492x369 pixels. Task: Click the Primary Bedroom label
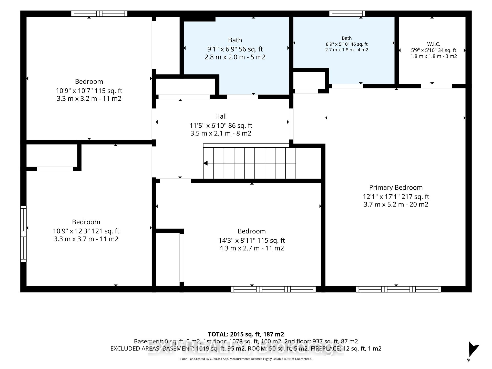click(396, 187)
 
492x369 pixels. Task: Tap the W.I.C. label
click(434, 44)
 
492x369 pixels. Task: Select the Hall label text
click(221, 116)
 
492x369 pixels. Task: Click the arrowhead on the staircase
click(206, 163)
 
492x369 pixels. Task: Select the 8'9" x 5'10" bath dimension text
click(347, 44)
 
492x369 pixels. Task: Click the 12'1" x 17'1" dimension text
click(396, 197)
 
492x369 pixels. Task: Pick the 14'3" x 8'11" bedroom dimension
click(252, 240)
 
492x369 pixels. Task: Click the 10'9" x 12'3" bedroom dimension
click(86, 231)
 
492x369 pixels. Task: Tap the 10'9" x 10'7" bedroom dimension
click(89, 91)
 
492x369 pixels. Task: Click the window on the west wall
click(23, 234)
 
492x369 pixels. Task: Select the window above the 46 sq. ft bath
click(347, 14)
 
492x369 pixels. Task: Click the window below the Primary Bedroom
click(398, 289)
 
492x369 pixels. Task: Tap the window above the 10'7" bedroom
click(99, 14)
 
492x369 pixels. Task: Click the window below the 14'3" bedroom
click(273, 289)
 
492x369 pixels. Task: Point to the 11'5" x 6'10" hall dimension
click(221, 126)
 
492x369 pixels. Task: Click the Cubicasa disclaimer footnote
click(246, 359)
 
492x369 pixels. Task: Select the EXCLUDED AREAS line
click(246, 348)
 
